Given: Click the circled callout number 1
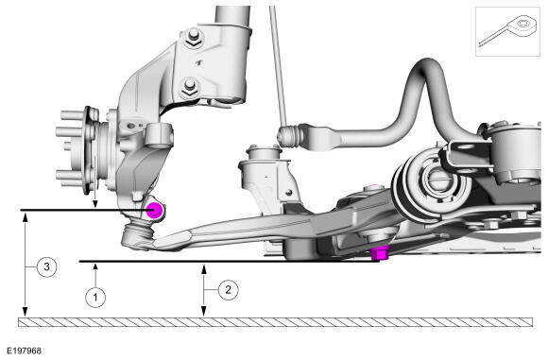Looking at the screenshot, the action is click(95, 298).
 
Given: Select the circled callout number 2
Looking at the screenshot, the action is click(229, 290).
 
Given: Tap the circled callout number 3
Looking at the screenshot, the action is click(46, 267).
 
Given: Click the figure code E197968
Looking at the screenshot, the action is click(25, 351).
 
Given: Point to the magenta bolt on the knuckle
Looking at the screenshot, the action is click(154, 211).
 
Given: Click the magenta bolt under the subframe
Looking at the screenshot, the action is click(380, 253).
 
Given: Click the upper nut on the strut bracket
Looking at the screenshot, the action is click(192, 38).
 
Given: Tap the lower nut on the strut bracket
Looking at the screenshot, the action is click(189, 88).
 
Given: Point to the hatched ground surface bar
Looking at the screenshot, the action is click(275, 322).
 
